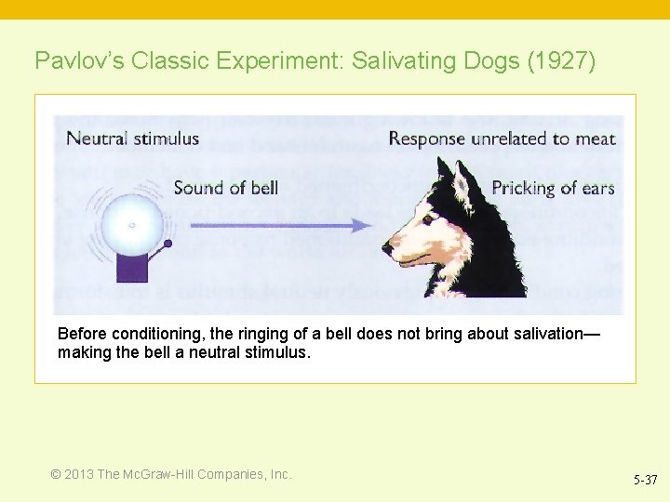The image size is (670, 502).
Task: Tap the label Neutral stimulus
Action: tap(132, 139)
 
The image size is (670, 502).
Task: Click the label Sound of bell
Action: tap(226, 188)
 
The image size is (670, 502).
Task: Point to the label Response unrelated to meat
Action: tap(502, 139)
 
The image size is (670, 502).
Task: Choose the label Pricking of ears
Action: tap(553, 188)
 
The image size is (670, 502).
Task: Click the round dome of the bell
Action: tap(131, 224)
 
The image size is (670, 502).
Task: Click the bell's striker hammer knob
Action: tap(167, 244)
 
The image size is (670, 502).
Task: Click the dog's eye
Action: tap(427, 219)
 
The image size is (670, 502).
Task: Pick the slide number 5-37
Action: tap(645, 480)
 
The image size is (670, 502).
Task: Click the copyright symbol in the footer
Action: tap(56, 474)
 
